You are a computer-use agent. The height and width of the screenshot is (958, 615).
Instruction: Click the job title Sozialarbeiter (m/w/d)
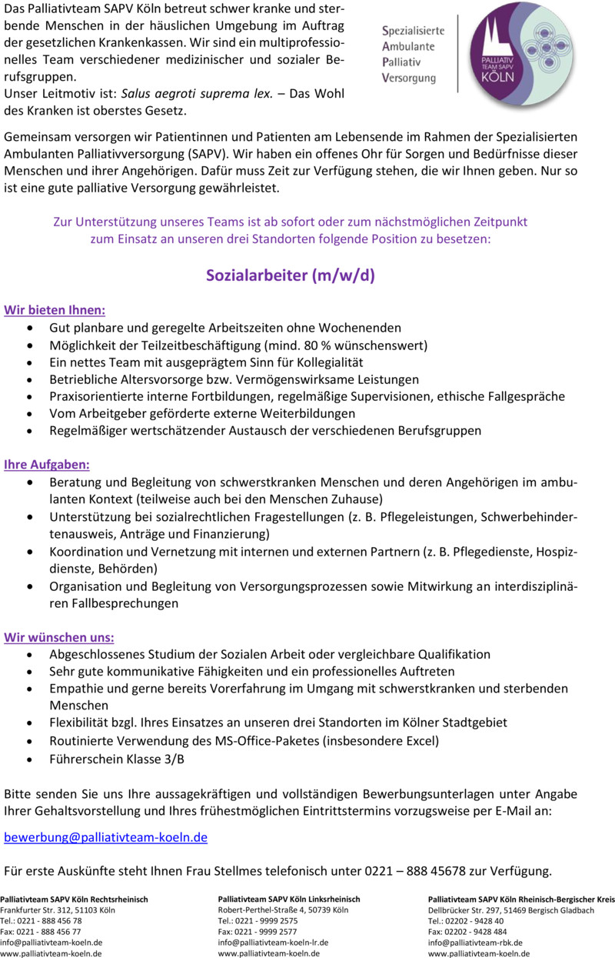(290, 275)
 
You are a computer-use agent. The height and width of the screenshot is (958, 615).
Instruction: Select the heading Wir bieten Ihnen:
(55, 311)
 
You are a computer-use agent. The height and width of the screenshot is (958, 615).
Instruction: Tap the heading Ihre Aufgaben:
(47, 465)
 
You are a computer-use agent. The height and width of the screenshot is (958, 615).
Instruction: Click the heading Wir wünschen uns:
(59, 637)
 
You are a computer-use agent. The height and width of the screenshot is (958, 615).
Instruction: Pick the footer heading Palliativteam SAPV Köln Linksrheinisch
(289, 899)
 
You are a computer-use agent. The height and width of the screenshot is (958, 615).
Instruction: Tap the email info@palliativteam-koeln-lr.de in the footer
(274, 942)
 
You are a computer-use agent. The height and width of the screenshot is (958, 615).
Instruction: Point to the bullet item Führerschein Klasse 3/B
(117, 759)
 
